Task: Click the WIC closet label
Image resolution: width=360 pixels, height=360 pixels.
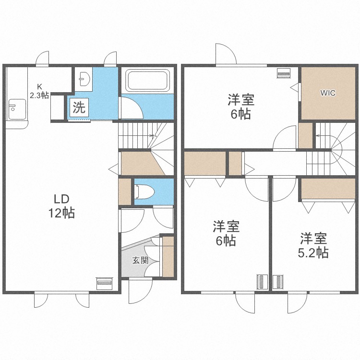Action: click(328, 93)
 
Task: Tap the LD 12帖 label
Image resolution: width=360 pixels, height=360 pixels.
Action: click(61, 206)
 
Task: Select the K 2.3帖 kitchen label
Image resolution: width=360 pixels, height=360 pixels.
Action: click(39, 91)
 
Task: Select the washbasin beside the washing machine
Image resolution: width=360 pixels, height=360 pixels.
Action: click(84, 78)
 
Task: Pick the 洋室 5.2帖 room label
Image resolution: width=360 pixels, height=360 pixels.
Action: click(313, 245)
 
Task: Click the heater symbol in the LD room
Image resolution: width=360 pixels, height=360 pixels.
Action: click(104, 283)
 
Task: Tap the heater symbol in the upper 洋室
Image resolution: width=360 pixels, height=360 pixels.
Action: click(284, 74)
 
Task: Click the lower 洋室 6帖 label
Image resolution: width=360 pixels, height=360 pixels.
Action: click(226, 233)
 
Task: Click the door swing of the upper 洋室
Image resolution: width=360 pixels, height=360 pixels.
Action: click(284, 139)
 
